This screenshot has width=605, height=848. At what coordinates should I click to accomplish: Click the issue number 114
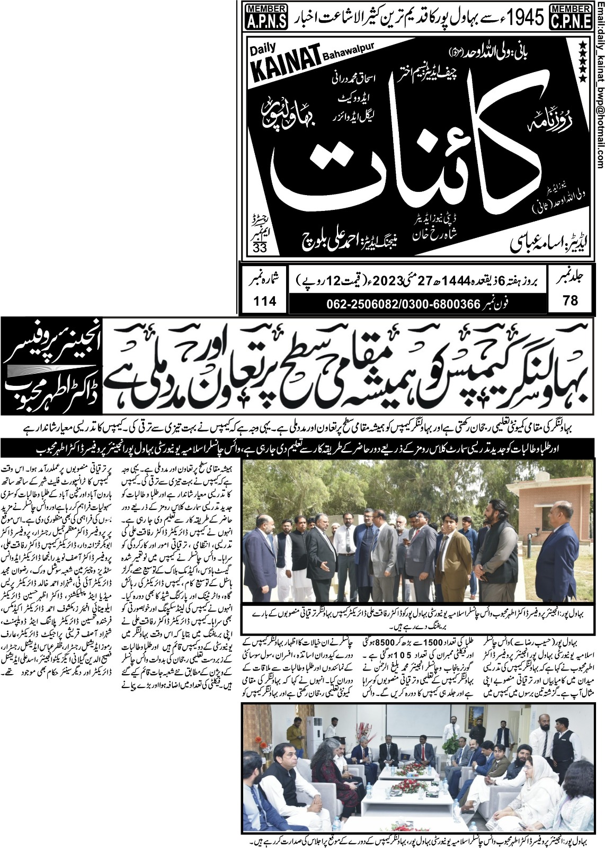click(265, 301)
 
